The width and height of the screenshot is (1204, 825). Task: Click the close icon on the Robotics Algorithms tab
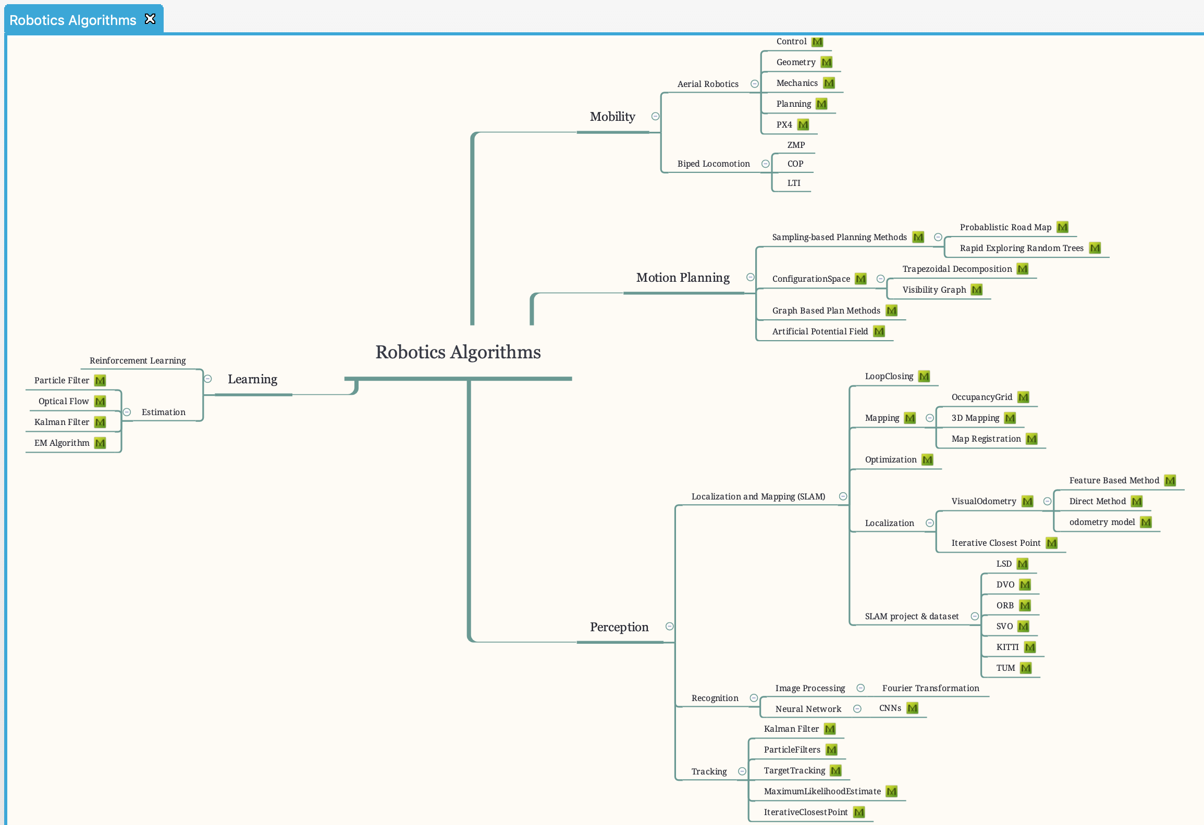tap(150, 19)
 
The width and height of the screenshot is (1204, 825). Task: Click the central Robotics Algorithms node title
tap(458, 353)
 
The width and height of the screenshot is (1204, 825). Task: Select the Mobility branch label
tap(612, 117)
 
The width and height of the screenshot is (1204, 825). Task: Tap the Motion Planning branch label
tap(682, 278)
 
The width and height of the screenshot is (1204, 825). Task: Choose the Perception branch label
tap(619, 627)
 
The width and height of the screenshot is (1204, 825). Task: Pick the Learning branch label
tap(252, 379)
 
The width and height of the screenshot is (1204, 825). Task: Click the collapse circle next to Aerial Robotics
tap(754, 84)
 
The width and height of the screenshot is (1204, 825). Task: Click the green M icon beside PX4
tap(803, 125)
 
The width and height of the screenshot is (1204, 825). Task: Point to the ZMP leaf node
tap(796, 145)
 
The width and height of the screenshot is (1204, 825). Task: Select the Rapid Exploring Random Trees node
tap(1021, 248)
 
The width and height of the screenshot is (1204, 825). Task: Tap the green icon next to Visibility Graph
tap(977, 290)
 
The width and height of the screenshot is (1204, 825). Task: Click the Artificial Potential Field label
tap(819, 331)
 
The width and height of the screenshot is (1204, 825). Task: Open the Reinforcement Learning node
tap(138, 360)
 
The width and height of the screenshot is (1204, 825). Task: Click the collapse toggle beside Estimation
tap(127, 412)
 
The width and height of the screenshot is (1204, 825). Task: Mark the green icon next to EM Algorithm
tap(100, 443)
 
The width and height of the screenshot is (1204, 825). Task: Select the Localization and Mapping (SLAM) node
tap(758, 496)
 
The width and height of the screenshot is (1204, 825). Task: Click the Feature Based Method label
tap(1114, 480)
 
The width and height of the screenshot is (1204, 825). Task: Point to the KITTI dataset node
tap(1007, 647)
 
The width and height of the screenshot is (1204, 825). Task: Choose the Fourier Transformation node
tap(930, 688)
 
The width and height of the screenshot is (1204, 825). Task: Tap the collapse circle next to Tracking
tap(742, 771)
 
